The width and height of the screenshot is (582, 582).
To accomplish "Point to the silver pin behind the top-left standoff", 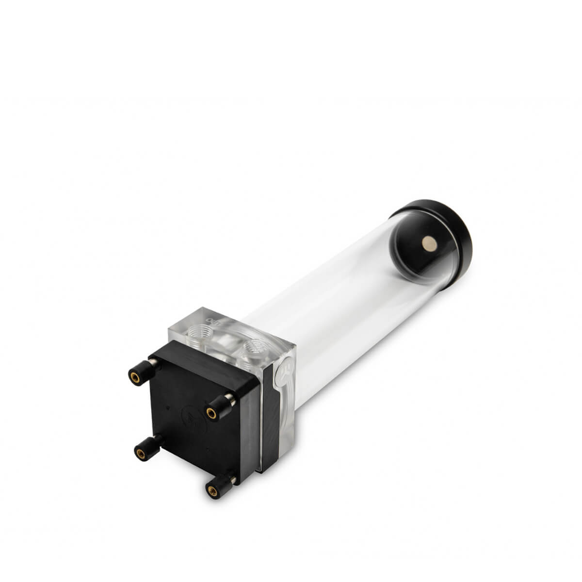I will click(x=153, y=363).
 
